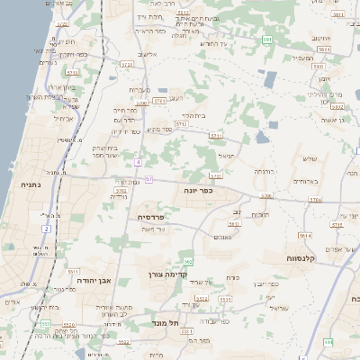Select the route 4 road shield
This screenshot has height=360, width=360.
coord(138,162)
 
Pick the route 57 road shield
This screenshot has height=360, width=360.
coord(148,180)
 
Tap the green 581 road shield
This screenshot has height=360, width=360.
coord(267,40)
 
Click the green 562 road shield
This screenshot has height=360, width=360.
coord(188,261)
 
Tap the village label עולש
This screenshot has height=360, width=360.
coord(310,159)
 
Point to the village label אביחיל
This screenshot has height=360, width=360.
coord(63,118)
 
